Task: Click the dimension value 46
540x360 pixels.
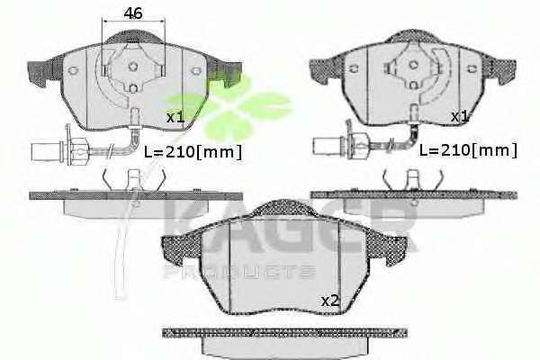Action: (133, 13)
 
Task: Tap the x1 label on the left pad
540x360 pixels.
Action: (175, 118)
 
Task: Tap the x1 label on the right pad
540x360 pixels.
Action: (460, 116)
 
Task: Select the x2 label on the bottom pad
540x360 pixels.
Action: (330, 301)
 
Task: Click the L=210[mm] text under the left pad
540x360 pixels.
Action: (193, 152)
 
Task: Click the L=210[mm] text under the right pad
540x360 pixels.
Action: (468, 150)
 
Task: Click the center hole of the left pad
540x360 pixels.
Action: (133, 67)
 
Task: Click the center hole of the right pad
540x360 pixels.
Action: (413, 65)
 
